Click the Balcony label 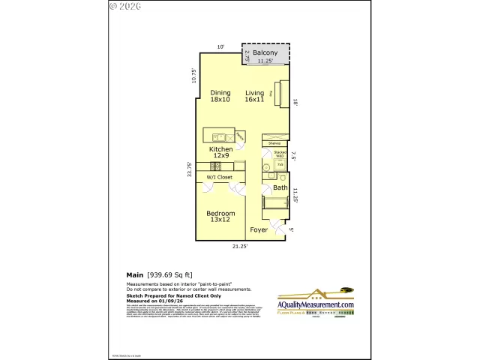[265, 53]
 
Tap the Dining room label [220, 96]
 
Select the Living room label [255, 96]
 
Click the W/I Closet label [219, 177]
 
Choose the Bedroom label [220, 217]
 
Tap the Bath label [280, 187]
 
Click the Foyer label [259, 229]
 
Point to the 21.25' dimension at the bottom [238, 246]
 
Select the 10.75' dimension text [193, 76]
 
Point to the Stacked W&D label [280, 155]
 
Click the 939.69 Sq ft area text [171, 274]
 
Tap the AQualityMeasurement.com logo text [316, 305]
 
